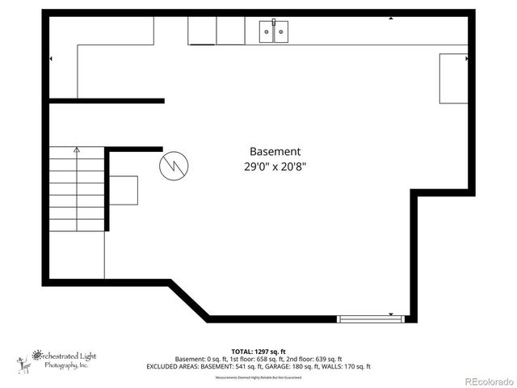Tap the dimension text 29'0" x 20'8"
(275, 167)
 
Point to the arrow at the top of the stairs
(77, 150)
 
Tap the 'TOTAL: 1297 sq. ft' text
(258, 352)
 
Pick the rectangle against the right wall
(453, 78)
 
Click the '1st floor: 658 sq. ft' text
(257, 359)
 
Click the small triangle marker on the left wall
(52, 59)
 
